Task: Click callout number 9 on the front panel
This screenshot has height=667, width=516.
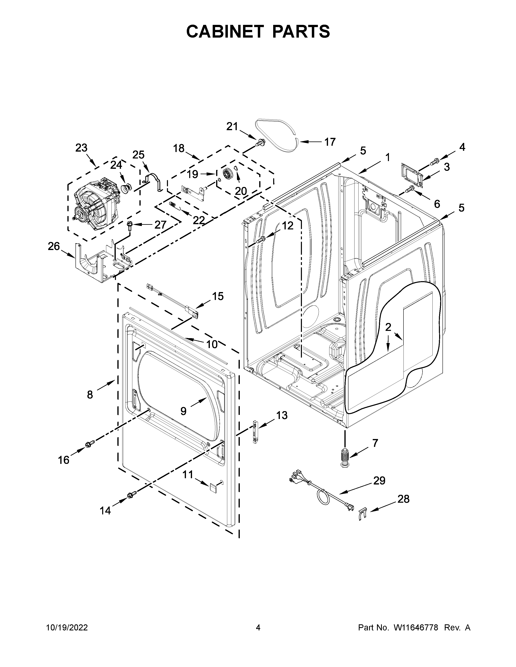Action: [183, 411]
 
